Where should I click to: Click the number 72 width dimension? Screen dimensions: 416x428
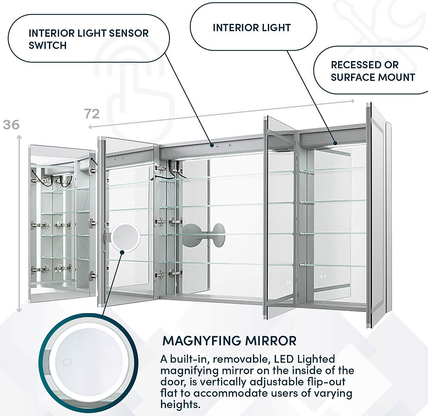[x=92, y=114]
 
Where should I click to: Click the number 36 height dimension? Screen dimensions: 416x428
[x=11, y=125]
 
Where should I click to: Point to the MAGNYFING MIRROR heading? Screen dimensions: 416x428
[x=230, y=341]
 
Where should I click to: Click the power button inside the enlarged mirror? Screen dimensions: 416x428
[x=67, y=363]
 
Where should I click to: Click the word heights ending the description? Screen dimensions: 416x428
[x=179, y=404]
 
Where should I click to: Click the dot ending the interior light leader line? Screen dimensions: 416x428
[x=335, y=143]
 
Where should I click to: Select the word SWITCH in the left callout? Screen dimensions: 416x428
[x=48, y=45]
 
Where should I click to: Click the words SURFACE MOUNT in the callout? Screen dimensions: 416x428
[x=373, y=77]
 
